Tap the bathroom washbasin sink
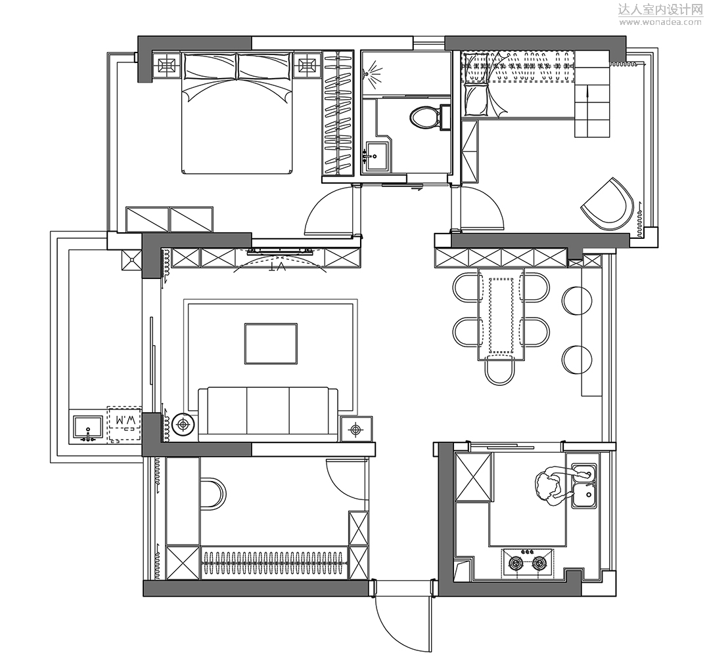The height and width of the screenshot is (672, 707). click(376, 156)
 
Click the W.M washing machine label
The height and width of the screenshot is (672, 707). click(125, 420)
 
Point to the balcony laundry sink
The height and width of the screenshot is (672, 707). click(88, 427)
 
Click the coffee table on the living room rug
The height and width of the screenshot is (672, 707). click(271, 343)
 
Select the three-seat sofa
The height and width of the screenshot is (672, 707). click(268, 414)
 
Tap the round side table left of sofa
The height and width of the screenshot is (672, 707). click(183, 425)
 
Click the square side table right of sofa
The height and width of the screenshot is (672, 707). click(356, 429)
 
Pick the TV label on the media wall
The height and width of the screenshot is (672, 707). click(277, 267)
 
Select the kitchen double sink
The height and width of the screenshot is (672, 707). click(584, 486)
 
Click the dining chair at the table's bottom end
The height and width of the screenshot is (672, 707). click(499, 368)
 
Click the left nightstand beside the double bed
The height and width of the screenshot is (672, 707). click(166, 66)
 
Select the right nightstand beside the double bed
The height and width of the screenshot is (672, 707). click(308, 66)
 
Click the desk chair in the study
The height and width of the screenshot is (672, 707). click(213, 494)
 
